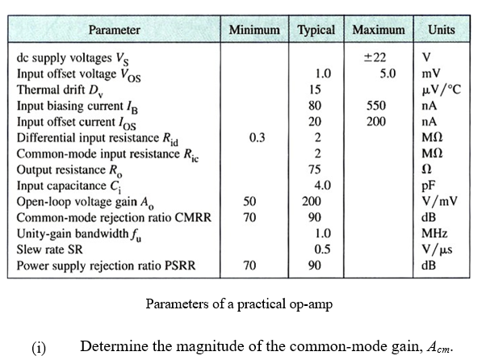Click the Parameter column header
(x=114, y=30)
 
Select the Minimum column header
(x=254, y=30)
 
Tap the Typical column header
(x=316, y=30)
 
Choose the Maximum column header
(x=379, y=30)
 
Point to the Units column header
(x=441, y=30)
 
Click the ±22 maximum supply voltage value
(x=378, y=57)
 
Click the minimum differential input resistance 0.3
(x=257, y=137)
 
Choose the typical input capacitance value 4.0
(x=322, y=185)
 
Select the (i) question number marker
(x=39, y=348)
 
